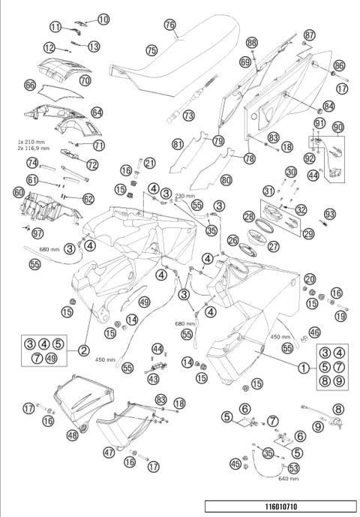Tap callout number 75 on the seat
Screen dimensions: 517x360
151,50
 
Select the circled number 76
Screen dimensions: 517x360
170,25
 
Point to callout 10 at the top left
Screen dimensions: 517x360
103,19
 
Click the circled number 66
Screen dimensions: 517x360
30,86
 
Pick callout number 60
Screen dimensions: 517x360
19,192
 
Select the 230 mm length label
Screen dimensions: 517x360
184,196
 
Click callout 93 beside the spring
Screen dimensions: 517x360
328,214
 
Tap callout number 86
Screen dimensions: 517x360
338,66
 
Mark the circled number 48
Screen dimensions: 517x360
73,434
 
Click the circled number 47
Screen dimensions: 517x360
109,452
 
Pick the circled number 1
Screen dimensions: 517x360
303,368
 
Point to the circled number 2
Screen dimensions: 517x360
84,350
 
